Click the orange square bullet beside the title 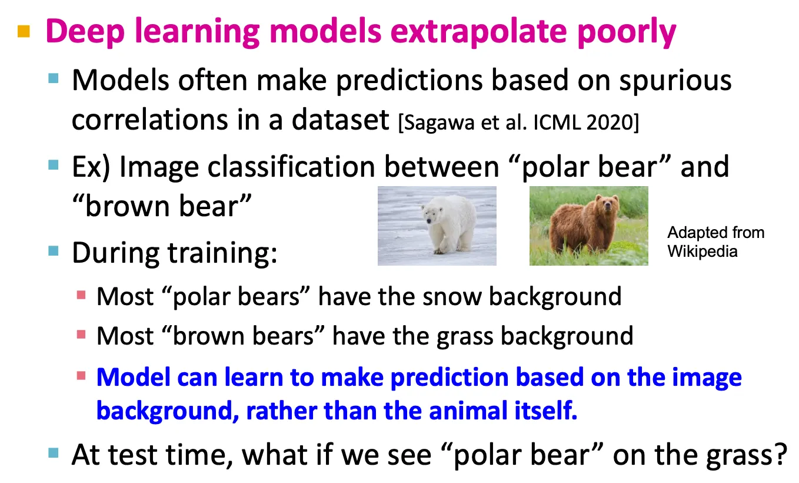pyautogui.click(x=24, y=31)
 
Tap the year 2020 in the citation pyautogui.click(x=610, y=123)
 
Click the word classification pyautogui.click(x=291, y=167)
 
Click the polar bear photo pyautogui.click(x=437, y=226)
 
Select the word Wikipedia pyautogui.click(x=703, y=252)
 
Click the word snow pyautogui.click(x=452, y=297)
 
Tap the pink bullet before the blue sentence pyautogui.click(x=81, y=376)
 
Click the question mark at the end pyautogui.click(x=781, y=454)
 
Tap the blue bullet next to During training pyautogui.click(x=53, y=250)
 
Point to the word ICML pyautogui.click(x=557, y=123)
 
